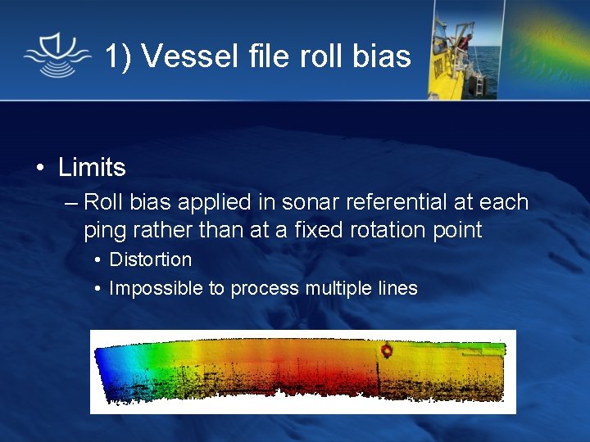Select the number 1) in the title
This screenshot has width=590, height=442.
click(117, 56)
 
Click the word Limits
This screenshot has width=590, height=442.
click(92, 168)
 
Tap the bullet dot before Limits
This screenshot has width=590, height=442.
click(40, 169)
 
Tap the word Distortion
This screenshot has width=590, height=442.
click(151, 260)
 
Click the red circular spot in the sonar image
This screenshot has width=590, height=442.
click(388, 351)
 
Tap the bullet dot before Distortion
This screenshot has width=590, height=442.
click(98, 261)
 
